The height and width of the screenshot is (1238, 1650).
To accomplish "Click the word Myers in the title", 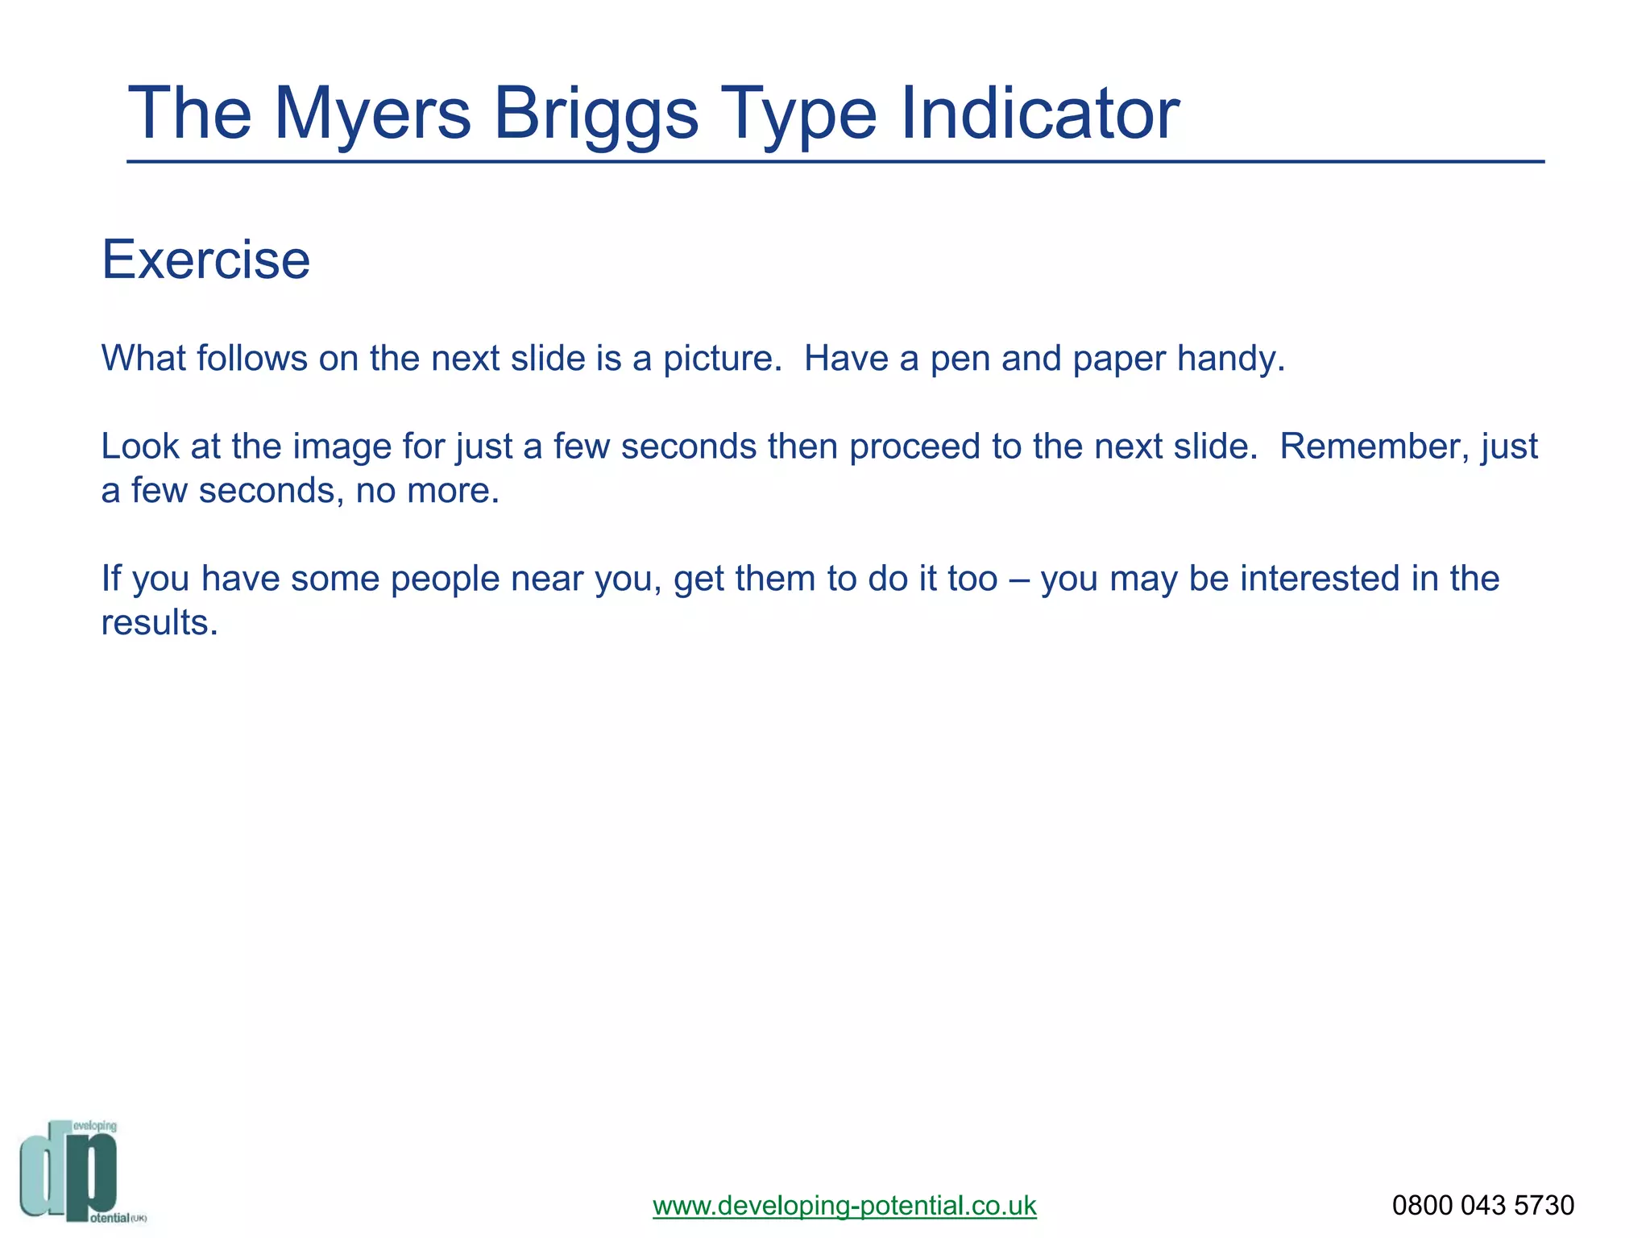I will tap(372, 114).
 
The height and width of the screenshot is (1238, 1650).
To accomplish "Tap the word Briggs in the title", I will tap(595, 114).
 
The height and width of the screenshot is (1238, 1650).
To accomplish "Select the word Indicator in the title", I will tap(1039, 114).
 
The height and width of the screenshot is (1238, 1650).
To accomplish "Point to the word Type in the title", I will tap(798, 114).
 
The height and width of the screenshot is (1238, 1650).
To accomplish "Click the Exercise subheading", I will tap(205, 260).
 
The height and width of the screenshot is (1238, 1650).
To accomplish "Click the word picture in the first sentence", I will tap(722, 359).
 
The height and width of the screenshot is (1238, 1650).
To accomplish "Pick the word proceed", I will tap(914, 447).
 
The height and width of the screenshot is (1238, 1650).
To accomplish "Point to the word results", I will tap(159, 623).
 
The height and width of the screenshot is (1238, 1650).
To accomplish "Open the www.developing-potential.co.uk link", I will tap(844, 1206).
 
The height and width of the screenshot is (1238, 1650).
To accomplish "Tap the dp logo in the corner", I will tap(73, 1171).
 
